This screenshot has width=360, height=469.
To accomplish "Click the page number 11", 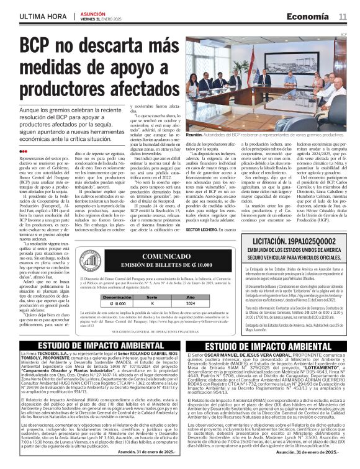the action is click(343, 16).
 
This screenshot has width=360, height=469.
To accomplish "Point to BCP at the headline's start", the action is click(37, 47).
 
